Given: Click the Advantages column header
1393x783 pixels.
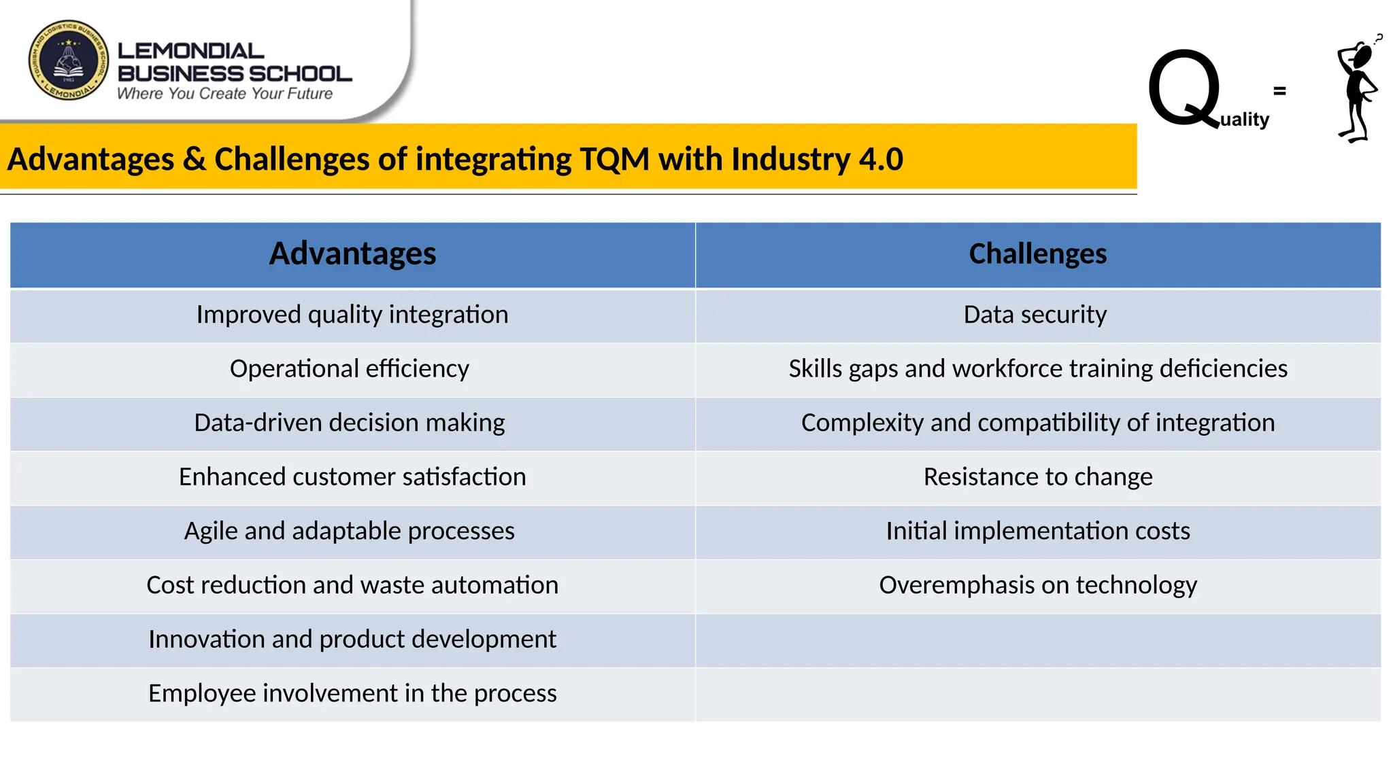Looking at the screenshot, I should point(352,254).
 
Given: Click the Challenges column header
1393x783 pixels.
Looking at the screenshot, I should point(1037,254).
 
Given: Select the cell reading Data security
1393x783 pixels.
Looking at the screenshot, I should point(1035,315).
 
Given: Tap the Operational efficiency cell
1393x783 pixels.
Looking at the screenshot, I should point(349,368).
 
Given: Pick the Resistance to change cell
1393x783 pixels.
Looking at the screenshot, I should point(1037,477).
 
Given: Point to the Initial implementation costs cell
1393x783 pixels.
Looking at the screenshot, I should point(1037,531).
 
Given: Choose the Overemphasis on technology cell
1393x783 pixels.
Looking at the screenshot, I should point(1037,585).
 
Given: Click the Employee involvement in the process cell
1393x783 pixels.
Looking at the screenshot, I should point(352,693).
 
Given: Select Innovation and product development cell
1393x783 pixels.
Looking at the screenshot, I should point(352,640).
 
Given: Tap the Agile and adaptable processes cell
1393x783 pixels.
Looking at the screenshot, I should point(349,531).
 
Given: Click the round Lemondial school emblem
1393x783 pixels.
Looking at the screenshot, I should point(68,60).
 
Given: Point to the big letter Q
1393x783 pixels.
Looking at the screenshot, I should point(1184,88).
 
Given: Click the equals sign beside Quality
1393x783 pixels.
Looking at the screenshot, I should point(1279,90).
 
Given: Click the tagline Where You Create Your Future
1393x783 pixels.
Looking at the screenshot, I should point(224,94).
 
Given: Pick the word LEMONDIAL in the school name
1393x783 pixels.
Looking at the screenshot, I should point(190,51).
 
